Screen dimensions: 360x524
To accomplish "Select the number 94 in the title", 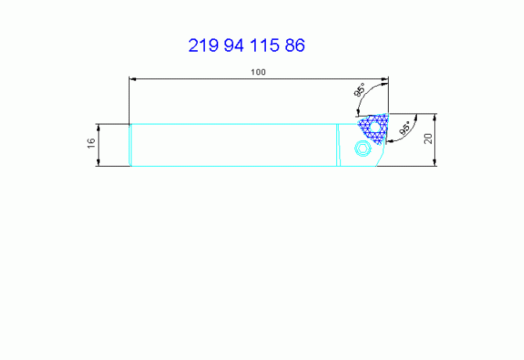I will point(234,45).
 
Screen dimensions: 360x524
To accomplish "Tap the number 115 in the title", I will point(264,45).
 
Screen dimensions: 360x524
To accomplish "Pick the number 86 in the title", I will point(295,45).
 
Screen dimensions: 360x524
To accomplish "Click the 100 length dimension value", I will point(258,72).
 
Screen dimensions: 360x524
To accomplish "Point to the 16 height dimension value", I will point(91,143).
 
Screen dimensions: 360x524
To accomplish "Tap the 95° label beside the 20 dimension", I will point(404,128).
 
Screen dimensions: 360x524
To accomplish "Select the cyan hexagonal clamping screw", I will point(364,149).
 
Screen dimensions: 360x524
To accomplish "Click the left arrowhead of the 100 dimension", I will point(133,79).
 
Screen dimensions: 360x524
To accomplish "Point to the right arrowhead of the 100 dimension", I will point(384,79).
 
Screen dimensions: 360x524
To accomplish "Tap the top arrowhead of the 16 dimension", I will point(99,127).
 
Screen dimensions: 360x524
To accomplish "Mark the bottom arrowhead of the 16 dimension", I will point(99,162).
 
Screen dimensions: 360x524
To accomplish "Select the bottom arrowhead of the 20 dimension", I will point(435,162).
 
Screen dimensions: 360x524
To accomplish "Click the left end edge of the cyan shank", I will point(130,145).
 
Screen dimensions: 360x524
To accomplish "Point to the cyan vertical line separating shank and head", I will point(338,145).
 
